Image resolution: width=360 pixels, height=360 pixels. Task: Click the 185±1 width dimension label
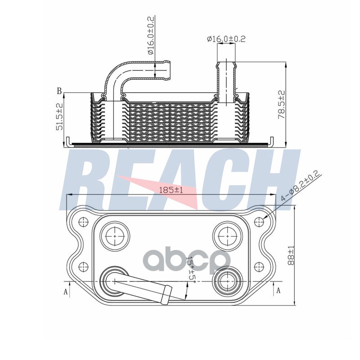point(171,190)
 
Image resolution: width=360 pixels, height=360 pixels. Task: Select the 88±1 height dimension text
point(291,255)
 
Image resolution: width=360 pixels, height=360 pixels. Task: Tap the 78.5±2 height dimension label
point(281,105)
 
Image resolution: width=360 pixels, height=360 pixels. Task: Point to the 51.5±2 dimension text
point(59,117)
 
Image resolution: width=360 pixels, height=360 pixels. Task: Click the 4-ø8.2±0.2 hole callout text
point(301,186)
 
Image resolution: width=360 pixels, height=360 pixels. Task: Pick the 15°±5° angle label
point(191,270)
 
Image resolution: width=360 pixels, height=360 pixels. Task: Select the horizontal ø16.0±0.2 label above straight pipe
point(226,39)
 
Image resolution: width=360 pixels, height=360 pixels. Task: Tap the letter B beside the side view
point(59,91)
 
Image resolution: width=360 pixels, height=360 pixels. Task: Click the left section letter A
point(66,292)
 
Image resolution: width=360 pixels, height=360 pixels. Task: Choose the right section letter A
point(278,290)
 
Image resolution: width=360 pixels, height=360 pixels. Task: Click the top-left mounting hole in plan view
point(83,222)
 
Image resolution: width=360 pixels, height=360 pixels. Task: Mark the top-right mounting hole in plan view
point(259,222)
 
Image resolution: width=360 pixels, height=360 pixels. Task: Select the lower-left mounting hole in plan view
point(83,266)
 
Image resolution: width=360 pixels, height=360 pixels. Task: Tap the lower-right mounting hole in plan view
point(259,266)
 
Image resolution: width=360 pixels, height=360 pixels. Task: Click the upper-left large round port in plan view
point(115,235)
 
